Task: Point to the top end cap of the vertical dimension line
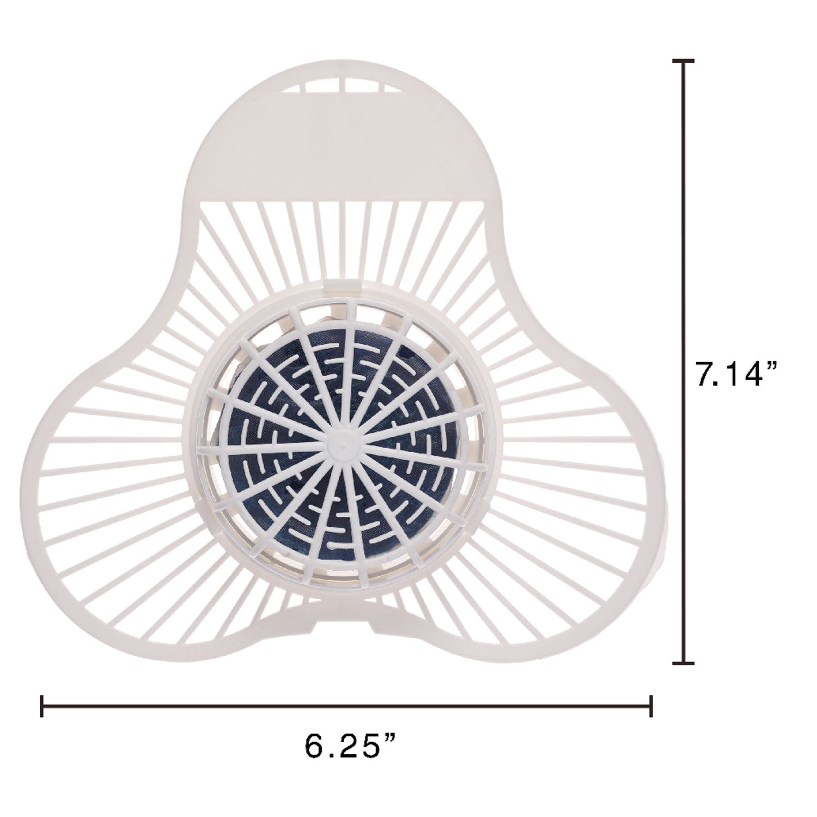click(684, 61)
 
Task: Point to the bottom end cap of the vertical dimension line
click(684, 662)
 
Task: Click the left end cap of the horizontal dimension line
click(42, 706)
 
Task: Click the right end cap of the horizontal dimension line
click(651, 706)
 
